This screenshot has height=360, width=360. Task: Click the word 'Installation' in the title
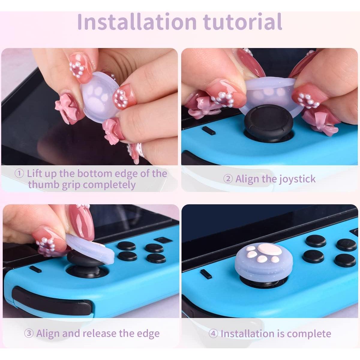pyautogui.click(x=136, y=22)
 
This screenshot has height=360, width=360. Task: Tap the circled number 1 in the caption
pyautogui.click(x=19, y=174)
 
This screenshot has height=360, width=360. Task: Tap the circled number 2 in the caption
pyautogui.click(x=228, y=179)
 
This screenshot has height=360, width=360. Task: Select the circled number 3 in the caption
pyautogui.click(x=29, y=334)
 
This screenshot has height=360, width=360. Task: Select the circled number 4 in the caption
pyautogui.click(x=213, y=334)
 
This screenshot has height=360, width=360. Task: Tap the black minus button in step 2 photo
pyautogui.click(x=208, y=130)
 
